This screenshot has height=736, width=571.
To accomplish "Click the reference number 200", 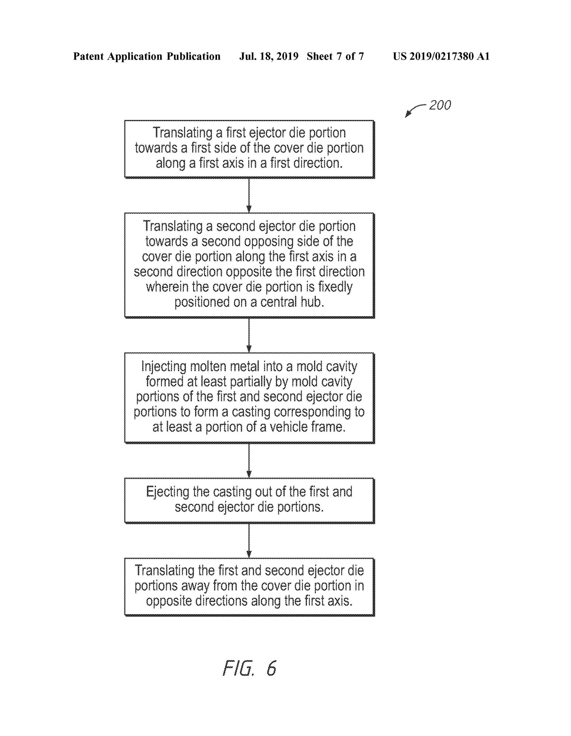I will (440, 105).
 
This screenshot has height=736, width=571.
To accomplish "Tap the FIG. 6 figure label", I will (249, 668).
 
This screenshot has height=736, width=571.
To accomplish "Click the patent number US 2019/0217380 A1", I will (441, 56).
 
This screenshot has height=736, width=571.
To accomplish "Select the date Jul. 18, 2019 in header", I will (269, 56).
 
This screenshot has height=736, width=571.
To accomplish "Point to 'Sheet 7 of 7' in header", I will (335, 56).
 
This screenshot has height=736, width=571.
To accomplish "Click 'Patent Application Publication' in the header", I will (147, 56).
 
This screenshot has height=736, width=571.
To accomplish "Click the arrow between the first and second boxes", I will (249, 195).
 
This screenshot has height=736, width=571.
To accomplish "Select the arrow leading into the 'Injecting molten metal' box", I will (249, 335).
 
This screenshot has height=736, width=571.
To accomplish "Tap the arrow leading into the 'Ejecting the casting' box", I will (249, 461).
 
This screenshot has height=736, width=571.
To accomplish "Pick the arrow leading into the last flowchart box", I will (249, 540).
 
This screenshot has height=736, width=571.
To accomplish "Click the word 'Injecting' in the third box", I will (164, 367).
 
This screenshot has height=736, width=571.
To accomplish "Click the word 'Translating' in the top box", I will (183, 133).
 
